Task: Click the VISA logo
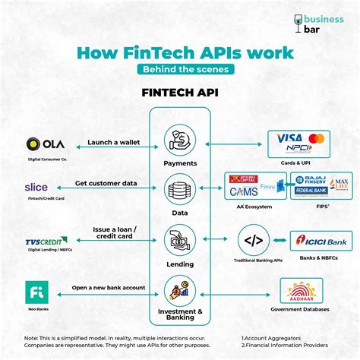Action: tap(287, 138)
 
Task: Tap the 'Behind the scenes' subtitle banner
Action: tap(180, 69)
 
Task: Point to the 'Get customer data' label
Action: tap(106, 184)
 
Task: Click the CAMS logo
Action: tap(245, 192)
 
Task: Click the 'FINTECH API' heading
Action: tap(179, 92)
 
